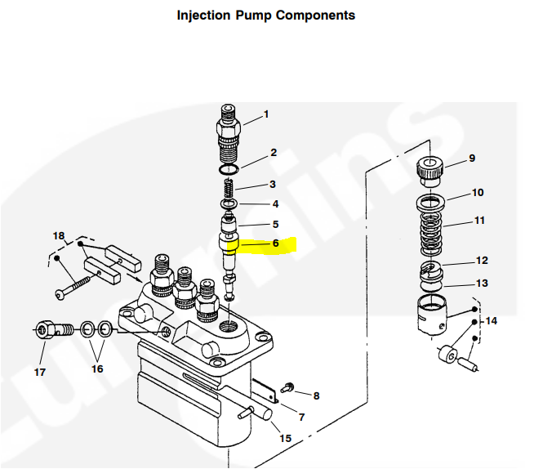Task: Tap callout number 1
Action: (x=265, y=114)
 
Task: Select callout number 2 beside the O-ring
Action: (x=274, y=153)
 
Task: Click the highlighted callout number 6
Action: (x=275, y=243)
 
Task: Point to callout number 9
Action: (x=471, y=158)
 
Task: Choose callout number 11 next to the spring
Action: (x=479, y=221)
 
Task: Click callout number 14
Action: (x=491, y=321)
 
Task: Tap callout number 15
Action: (x=284, y=439)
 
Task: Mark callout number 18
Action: (x=58, y=236)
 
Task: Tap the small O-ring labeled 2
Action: (x=230, y=169)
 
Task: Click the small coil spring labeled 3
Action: (x=229, y=190)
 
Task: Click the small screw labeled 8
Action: (x=287, y=385)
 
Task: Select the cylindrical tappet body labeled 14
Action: (x=433, y=317)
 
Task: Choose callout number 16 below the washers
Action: (x=97, y=368)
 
